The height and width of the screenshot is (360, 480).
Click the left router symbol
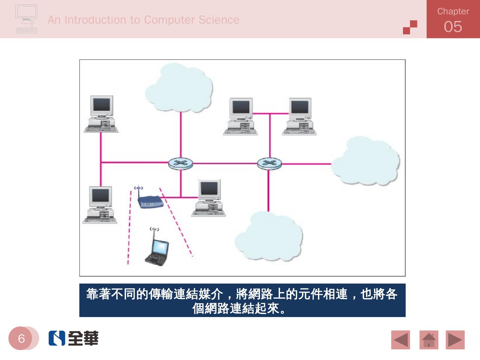pyautogui.click(x=180, y=163)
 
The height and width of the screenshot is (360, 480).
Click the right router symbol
pyautogui.click(x=269, y=163)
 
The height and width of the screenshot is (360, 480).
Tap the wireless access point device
pyautogui.click(x=150, y=201)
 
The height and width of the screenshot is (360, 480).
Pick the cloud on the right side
pyautogui.click(x=366, y=161)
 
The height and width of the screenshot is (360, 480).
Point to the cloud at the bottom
pyautogui.click(x=269, y=237)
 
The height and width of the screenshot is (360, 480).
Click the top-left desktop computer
pyautogui.click(x=101, y=114)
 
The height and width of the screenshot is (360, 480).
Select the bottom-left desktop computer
pyautogui.click(x=100, y=205)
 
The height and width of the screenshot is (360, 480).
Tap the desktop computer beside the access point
pyautogui.click(x=209, y=198)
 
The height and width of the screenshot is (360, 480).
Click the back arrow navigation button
pyautogui.click(x=400, y=340)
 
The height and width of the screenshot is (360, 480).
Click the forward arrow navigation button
pyautogui.click(x=455, y=340)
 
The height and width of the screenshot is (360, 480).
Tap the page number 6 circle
pyautogui.click(x=21, y=339)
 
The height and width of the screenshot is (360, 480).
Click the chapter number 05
pyautogui.click(x=453, y=27)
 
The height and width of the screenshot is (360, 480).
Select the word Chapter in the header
pyautogui.click(x=453, y=11)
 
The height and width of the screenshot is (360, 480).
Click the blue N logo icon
pyautogui.click(x=57, y=338)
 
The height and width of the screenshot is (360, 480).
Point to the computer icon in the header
pyautogui.click(x=26, y=19)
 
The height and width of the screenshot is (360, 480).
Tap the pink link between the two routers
pyautogui.click(x=225, y=164)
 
